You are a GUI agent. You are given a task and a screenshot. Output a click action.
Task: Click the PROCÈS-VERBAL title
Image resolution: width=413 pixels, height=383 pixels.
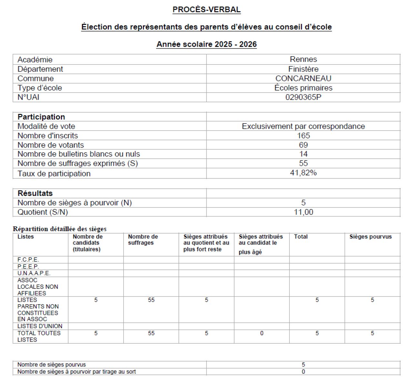(x=206, y=10)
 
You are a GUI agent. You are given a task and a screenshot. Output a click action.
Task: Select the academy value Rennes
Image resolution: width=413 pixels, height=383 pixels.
(x=303, y=59)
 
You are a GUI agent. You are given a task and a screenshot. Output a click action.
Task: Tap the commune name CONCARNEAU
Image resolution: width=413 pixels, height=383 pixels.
(x=303, y=78)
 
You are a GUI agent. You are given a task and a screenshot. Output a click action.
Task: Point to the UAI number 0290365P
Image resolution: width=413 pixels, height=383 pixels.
(x=303, y=97)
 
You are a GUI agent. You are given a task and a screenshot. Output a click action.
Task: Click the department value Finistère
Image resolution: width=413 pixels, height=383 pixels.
(x=303, y=69)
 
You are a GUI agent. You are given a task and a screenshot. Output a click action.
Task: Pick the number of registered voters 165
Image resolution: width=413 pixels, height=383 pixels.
(x=303, y=136)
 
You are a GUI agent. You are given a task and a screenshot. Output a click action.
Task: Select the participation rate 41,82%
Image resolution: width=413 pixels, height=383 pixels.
(x=303, y=173)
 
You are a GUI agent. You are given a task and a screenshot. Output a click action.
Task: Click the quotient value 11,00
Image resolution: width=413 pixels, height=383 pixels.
(x=303, y=212)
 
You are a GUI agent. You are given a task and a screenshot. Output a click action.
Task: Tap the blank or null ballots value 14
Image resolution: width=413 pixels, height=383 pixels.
(x=303, y=154)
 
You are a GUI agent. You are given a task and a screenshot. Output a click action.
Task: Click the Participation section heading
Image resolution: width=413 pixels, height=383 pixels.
(x=41, y=117)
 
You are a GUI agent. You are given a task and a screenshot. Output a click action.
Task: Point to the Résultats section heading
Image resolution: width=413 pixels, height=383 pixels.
(x=35, y=193)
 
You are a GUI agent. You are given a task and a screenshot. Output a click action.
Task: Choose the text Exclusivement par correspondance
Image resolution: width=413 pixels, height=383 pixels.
(x=303, y=126)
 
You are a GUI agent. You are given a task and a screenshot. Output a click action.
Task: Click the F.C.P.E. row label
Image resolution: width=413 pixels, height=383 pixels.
(x=28, y=260)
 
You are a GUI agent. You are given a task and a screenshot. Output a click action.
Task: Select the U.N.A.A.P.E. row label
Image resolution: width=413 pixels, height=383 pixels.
(x=34, y=273)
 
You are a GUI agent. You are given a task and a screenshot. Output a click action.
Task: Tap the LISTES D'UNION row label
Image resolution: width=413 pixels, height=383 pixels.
(x=40, y=326)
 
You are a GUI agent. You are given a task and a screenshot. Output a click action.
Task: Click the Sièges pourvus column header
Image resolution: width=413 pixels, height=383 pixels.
(x=370, y=237)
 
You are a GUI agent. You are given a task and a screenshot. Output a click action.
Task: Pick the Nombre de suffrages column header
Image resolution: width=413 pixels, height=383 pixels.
(x=143, y=240)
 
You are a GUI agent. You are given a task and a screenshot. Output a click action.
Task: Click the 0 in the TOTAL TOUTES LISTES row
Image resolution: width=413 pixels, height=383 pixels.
(x=262, y=333)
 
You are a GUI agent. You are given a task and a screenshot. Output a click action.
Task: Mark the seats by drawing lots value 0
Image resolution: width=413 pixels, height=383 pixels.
(x=303, y=372)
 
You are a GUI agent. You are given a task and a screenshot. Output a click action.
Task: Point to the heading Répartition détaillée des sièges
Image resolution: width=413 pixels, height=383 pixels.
(x=60, y=229)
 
